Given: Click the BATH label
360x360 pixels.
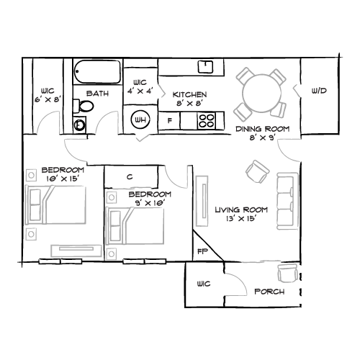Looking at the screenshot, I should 98,94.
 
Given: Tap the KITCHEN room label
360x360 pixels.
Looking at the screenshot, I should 189,94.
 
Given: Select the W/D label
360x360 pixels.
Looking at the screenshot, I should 319,91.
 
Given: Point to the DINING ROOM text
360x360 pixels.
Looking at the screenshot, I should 262,129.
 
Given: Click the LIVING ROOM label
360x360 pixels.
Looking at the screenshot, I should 241,210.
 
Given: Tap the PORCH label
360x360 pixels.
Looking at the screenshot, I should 269,292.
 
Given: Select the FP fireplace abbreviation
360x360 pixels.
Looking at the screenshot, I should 202,251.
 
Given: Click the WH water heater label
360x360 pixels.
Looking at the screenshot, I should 139,120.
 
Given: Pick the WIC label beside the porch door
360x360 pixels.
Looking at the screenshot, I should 203,284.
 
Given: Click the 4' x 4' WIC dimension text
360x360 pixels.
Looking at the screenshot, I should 141,91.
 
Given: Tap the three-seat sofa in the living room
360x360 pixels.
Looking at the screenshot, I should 287,201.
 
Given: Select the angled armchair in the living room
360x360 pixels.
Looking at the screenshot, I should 256,171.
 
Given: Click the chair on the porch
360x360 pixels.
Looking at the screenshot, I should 289,272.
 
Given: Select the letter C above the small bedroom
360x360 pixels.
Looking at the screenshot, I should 130,176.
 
